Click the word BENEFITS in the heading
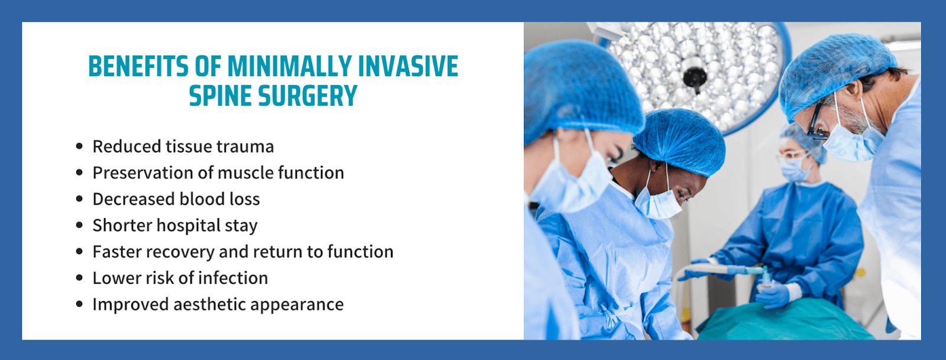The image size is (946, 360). click(138, 66)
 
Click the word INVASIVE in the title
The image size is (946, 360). click(408, 66)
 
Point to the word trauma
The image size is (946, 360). click(245, 147)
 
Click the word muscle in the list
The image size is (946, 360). click(245, 173)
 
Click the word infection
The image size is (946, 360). click(233, 278)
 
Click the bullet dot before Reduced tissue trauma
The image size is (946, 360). click(79, 147)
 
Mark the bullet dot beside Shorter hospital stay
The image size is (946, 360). click(79, 225)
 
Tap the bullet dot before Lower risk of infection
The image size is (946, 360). click(79, 278)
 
